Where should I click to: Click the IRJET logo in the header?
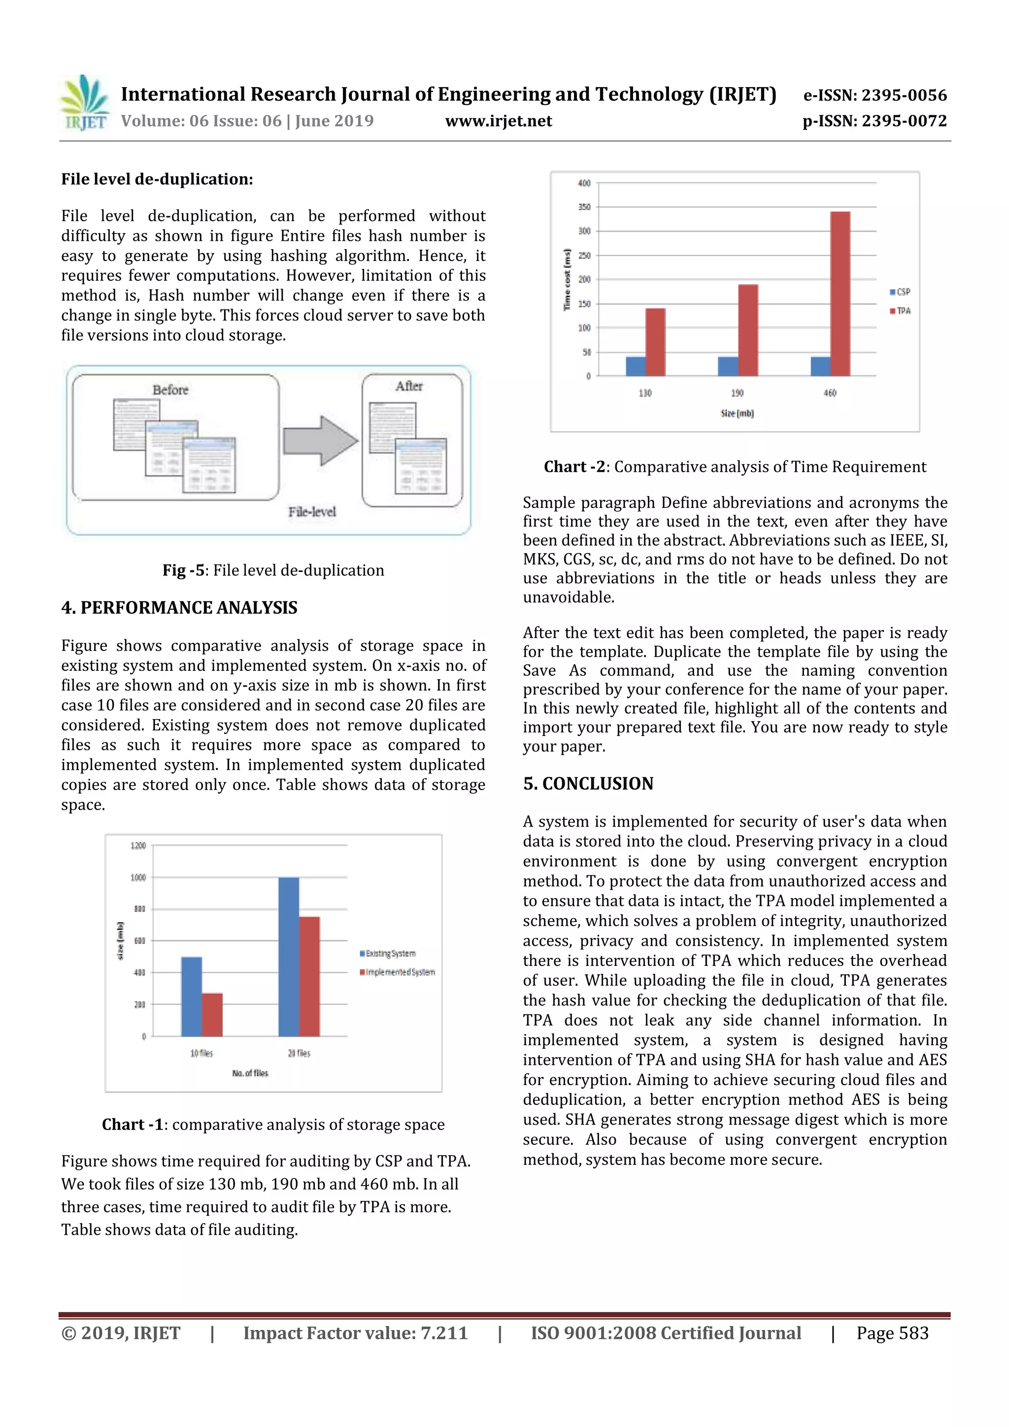pos(84,103)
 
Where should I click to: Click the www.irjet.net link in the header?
pos(499,121)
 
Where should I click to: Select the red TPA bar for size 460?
pos(840,294)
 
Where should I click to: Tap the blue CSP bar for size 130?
pos(636,366)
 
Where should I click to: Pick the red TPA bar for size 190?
pos(747,330)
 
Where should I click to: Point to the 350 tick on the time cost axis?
pos(584,207)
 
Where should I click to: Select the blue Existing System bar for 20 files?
pos(289,957)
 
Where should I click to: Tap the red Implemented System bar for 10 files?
pos(212,1014)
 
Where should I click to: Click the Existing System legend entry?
pos(387,954)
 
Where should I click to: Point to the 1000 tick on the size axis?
pos(138,878)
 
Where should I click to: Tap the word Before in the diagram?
pos(170,390)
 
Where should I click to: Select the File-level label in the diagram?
pos(311,511)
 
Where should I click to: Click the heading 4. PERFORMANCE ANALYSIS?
pos(179,607)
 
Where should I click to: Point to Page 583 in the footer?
pos(892,1332)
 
